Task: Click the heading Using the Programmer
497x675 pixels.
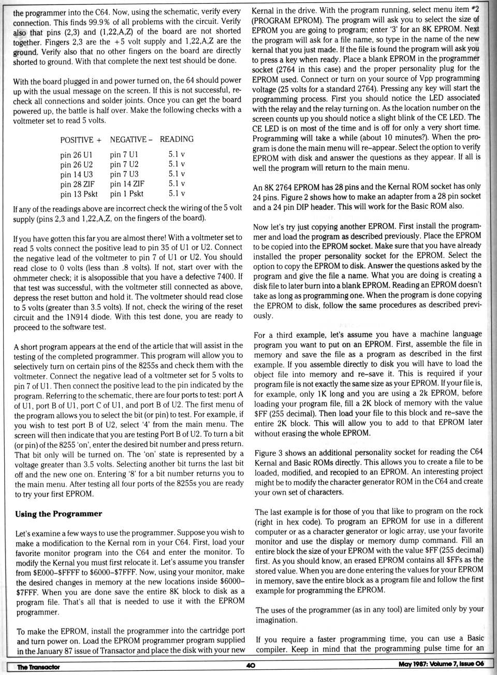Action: (x=59, y=514)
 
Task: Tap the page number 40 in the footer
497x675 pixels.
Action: (x=251, y=666)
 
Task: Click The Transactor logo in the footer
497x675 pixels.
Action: (x=38, y=667)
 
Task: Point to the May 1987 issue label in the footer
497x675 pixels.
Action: (x=441, y=665)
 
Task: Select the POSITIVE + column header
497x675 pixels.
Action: (x=81, y=140)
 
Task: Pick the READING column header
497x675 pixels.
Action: (x=177, y=139)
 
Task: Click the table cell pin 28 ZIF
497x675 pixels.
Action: (x=78, y=184)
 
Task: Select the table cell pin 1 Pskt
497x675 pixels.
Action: (x=127, y=194)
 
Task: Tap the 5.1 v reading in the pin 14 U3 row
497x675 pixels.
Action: (x=177, y=174)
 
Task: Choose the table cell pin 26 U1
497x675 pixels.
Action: (x=76, y=155)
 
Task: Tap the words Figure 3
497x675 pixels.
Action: (x=272, y=452)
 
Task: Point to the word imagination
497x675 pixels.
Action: (x=276, y=620)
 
